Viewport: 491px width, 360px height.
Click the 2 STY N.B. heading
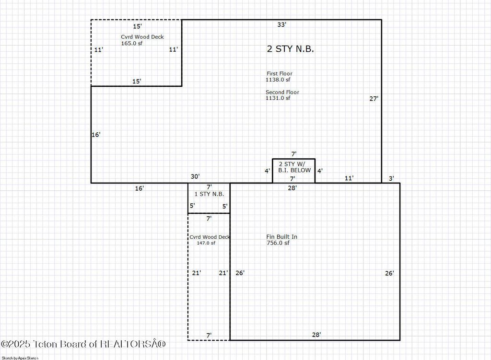click(290, 49)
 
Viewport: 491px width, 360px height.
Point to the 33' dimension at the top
click(281, 24)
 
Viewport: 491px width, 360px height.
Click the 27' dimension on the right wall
click(374, 99)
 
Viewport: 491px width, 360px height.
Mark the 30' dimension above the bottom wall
click(195, 177)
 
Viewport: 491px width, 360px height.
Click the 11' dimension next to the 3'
click(350, 178)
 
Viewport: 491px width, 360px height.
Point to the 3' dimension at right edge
click(391, 178)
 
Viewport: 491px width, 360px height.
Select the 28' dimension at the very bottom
click(316, 335)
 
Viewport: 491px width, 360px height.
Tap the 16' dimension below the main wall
click(139, 189)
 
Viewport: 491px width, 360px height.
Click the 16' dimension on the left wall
click(96, 135)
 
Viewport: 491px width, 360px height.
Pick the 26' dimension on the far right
click(389, 273)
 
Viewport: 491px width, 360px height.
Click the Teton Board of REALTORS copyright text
click(83, 344)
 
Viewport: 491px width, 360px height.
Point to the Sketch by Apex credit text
click(20, 357)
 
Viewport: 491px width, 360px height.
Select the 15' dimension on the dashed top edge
click(137, 26)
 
